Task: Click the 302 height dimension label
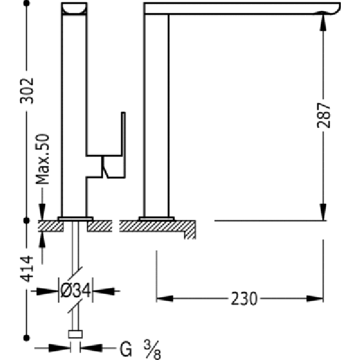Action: [x=27, y=91]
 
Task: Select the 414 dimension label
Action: [x=27, y=269]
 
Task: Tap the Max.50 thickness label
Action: [x=43, y=159]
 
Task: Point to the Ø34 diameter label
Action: [x=76, y=290]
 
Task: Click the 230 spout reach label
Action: [x=244, y=299]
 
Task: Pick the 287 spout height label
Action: [x=323, y=115]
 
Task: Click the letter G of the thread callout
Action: [x=126, y=349]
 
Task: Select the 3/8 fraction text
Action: [x=152, y=350]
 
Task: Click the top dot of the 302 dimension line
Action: [x=26, y=3]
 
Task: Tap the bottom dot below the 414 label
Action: [x=26, y=338]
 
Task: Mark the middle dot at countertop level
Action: [x=26, y=221]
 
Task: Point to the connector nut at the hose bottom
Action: [x=76, y=334]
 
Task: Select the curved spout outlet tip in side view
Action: [x=331, y=9]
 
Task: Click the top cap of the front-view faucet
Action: [x=74, y=9]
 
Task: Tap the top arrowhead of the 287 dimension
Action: [x=323, y=22]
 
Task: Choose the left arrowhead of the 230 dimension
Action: [x=165, y=299]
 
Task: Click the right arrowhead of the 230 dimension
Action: [x=315, y=299]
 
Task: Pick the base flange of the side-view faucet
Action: [x=157, y=218]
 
